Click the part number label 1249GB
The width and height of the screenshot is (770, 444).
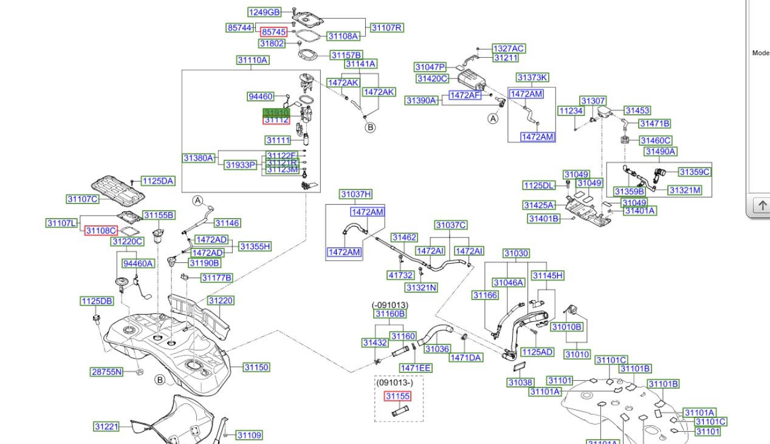click(x=264, y=12)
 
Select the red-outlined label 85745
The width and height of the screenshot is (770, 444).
click(x=273, y=32)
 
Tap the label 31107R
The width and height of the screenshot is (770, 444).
click(x=387, y=28)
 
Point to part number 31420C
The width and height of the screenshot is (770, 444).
click(x=432, y=78)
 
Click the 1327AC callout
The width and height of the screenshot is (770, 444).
click(x=509, y=49)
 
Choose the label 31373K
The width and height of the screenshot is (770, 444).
click(x=532, y=78)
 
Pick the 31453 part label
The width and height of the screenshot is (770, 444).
click(x=638, y=111)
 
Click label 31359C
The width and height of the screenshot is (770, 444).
click(x=694, y=172)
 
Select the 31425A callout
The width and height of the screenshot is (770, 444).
click(x=539, y=205)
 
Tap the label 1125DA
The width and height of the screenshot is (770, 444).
click(x=158, y=181)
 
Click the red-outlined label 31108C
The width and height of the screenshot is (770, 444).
click(x=101, y=231)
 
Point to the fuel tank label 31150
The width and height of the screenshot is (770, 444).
click(x=256, y=367)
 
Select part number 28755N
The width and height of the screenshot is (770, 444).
click(x=106, y=372)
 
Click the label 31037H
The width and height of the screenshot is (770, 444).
click(x=356, y=194)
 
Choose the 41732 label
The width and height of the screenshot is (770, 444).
click(x=401, y=275)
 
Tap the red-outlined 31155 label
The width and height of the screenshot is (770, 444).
click(x=397, y=396)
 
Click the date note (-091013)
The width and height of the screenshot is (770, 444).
click(x=390, y=305)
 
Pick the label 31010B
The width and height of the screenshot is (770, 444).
click(x=566, y=327)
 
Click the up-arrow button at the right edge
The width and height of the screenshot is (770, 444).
click(x=761, y=206)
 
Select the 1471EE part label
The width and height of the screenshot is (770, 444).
click(x=416, y=367)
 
